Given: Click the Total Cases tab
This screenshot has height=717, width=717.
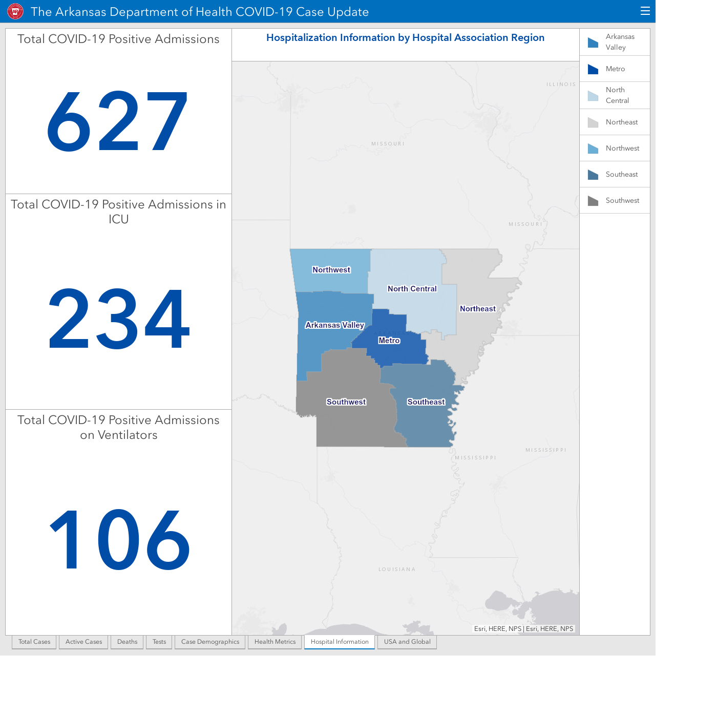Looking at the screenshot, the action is click(x=34, y=642).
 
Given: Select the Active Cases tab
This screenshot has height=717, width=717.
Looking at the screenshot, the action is click(x=83, y=642).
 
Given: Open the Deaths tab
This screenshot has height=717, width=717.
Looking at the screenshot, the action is click(x=127, y=642).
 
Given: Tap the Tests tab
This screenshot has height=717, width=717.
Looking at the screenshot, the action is click(x=159, y=642).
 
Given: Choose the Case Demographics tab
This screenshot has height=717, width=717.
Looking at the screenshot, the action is click(x=210, y=642).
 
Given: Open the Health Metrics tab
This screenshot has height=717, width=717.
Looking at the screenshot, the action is click(x=275, y=642).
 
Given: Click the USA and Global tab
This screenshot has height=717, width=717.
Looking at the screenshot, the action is click(x=407, y=642).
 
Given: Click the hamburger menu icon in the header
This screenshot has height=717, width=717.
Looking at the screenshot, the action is click(x=645, y=11).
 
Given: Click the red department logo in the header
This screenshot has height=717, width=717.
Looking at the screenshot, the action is click(x=15, y=12).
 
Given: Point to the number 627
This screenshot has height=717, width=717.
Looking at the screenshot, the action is click(x=117, y=121).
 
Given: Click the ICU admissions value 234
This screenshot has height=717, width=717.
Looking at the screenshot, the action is click(x=119, y=319).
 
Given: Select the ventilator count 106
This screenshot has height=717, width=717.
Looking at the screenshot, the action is click(x=119, y=539).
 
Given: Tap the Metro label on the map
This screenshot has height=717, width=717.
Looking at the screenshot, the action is click(x=389, y=341).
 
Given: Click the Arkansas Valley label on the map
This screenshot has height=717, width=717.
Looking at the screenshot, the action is click(x=334, y=325).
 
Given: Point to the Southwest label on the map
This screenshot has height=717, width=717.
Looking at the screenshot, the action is click(x=346, y=402).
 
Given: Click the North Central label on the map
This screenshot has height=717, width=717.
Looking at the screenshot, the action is click(x=412, y=289).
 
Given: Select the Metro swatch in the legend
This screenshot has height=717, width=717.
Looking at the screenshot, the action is click(x=593, y=69).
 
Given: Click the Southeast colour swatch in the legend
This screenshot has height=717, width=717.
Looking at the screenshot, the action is click(x=593, y=175).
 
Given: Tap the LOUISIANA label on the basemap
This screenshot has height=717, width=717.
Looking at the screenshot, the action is click(x=397, y=570).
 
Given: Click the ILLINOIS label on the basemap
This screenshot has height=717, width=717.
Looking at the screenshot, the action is click(x=561, y=85).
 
